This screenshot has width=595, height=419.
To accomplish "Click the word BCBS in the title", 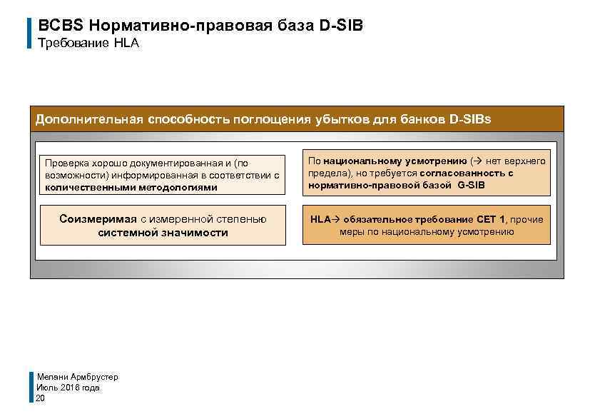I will click(61, 26).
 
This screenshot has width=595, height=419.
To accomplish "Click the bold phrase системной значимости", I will click(163, 233).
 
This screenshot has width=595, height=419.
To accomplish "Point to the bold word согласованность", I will click(463, 173).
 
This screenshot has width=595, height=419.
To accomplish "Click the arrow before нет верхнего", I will click(477, 161).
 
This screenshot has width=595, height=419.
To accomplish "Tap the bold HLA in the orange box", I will click(320, 219).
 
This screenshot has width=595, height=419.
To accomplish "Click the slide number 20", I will click(41, 398).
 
